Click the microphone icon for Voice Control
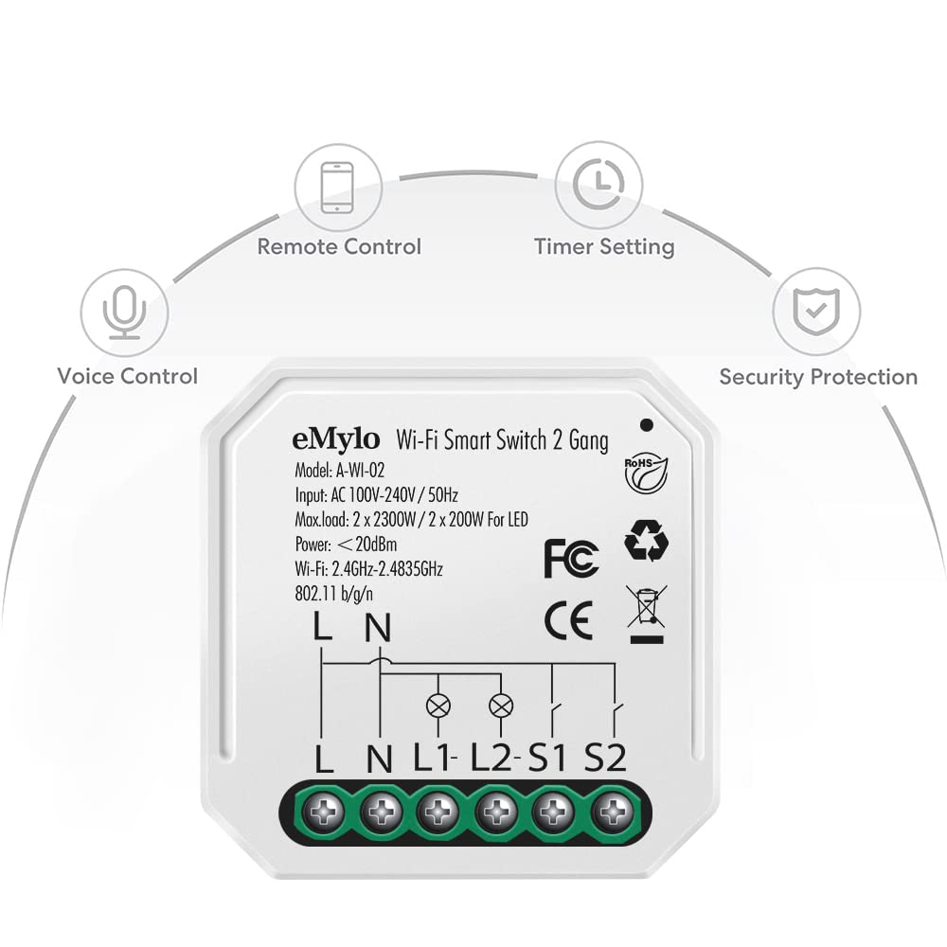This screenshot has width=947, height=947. [x=124, y=312]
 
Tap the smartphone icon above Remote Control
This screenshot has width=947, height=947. [x=338, y=188]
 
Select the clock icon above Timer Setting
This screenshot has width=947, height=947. [x=599, y=185]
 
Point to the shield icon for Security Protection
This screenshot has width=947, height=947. [x=816, y=311]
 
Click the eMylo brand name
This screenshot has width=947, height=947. [x=336, y=439]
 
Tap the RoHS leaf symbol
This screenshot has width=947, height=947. [x=646, y=474]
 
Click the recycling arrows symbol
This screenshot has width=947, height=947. [x=646, y=540]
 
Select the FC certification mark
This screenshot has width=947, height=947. [x=571, y=559]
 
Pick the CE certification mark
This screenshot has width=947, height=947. [x=568, y=620]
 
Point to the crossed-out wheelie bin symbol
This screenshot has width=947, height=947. [x=646, y=613]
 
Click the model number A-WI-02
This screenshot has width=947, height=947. [x=360, y=471]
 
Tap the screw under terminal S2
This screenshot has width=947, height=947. [x=613, y=812]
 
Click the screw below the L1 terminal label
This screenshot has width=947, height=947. [x=438, y=812]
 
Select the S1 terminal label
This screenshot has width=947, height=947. [x=547, y=758]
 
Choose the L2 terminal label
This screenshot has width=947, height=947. [x=491, y=758]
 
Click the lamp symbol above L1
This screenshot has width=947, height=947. [x=438, y=705]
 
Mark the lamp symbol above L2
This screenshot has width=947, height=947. [x=501, y=705]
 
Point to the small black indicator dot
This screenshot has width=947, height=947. [x=646, y=424]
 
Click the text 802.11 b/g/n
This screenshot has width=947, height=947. [x=333, y=595]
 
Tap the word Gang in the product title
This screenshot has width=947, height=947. [x=588, y=441]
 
